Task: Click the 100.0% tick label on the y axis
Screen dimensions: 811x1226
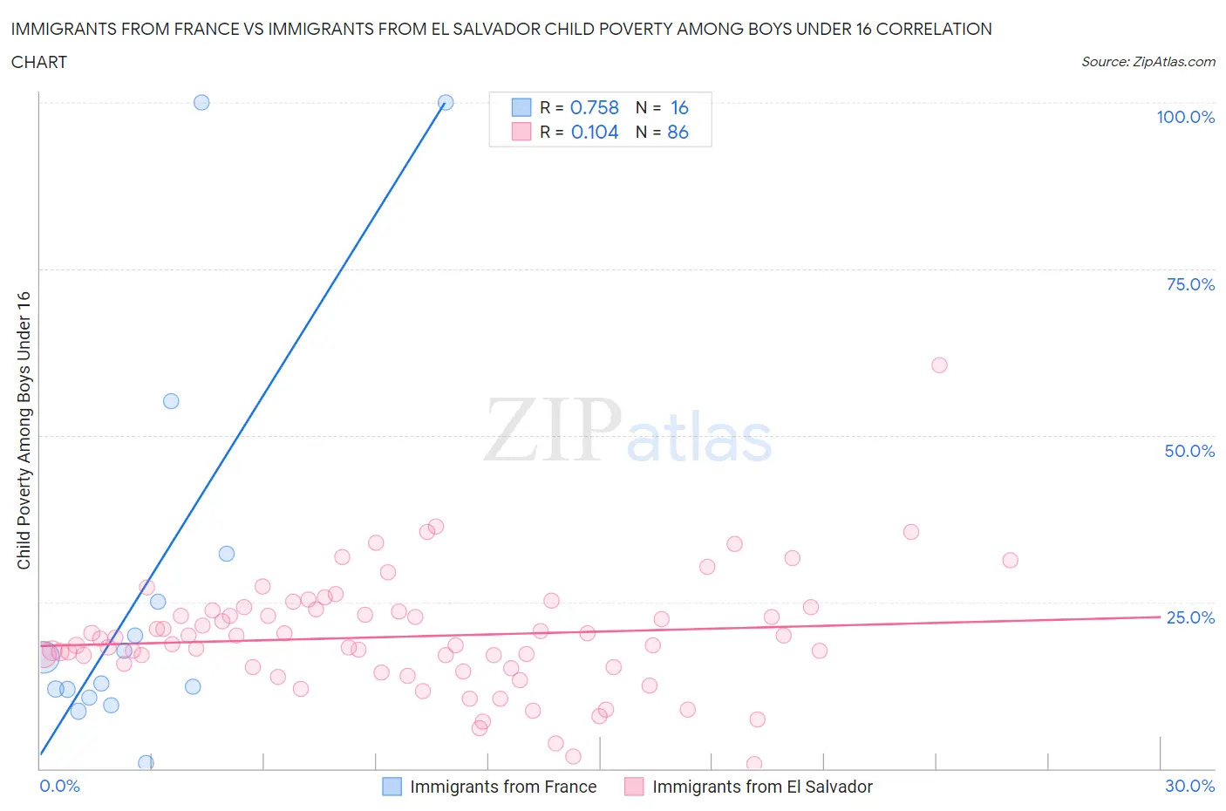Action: pyautogui.click(x=1185, y=117)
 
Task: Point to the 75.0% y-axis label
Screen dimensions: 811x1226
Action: pyautogui.click(x=1190, y=284)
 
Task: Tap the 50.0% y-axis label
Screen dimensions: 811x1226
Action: pyautogui.click(x=1189, y=451)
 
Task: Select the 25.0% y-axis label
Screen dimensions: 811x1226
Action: pyautogui.click(x=1190, y=617)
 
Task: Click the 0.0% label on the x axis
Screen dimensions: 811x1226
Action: pyautogui.click(x=59, y=786)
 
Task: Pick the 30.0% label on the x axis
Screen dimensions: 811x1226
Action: pyautogui.click(x=1189, y=786)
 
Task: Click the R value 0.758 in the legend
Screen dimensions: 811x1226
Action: pyautogui.click(x=594, y=107)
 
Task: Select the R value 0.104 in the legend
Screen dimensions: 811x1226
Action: pyautogui.click(x=595, y=132)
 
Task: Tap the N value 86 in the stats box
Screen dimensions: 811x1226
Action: pyautogui.click(x=678, y=132)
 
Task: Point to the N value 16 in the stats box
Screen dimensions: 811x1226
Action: pyautogui.click(x=679, y=107)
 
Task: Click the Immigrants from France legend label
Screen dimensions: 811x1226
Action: pyautogui.click(x=503, y=787)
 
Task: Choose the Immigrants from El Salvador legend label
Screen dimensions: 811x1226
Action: pyautogui.click(x=762, y=787)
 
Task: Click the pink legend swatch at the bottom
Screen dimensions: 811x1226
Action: pyautogui.click(x=634, y=787)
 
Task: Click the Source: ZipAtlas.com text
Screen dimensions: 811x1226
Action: pyautogui.click(x=1148, y=62)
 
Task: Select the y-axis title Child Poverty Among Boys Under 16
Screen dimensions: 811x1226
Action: pyautogui.click(x=24, y=430)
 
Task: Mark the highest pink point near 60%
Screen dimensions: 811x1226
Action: pyautogui.click(x=939, y=365)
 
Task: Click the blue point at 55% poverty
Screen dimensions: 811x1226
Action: pyautogui.click(x=171, y=401)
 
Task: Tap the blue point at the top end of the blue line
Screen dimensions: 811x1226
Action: pyautogui.click(x=446, y=102)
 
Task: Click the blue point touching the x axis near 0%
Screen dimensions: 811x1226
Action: pyautogui.click(x=146, y=763)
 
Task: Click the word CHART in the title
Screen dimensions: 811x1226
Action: pyautogui.click(x=39, y=62)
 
